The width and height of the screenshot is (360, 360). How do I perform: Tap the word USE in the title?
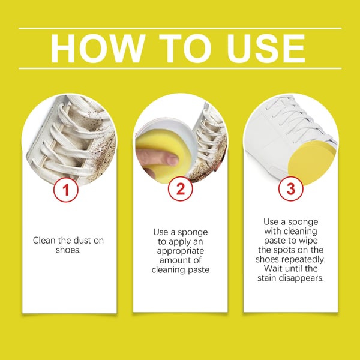[x=266, y=49]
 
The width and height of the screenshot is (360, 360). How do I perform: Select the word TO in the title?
[x=185, y=49]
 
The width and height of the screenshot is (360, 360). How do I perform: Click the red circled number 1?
[x=66, y=190]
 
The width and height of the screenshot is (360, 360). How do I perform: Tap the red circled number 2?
[x=180, y=189]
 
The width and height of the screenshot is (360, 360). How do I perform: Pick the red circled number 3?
[x=291, y=189]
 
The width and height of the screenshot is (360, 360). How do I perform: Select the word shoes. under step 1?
[x=68, y=250]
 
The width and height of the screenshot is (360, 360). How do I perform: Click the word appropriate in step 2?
[x=181, y=251]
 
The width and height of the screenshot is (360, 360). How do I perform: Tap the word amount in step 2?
[x=173, y=260]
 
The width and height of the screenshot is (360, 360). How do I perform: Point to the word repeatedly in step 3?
[x=304, y=259]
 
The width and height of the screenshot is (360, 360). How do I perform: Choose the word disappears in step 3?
[x=302, y=278]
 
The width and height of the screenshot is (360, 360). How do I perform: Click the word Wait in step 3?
[x=272, y=268]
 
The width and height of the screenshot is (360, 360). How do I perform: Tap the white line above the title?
[x=180, y=28]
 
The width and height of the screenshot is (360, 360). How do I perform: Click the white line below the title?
[x=180, y=68]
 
